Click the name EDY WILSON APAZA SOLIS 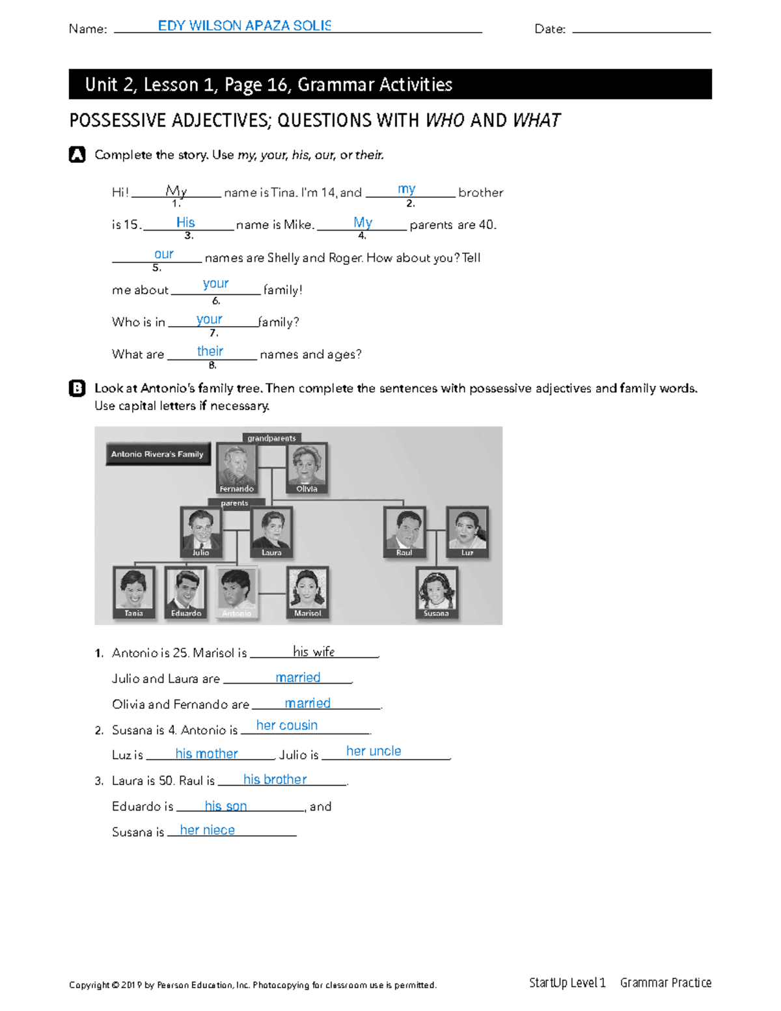245,26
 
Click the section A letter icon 77,155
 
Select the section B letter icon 77,389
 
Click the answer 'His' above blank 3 185,223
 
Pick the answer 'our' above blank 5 164,254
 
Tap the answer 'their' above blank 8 210,351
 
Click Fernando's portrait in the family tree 236,465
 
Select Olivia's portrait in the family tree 307,465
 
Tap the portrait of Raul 404,530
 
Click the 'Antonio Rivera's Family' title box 158,454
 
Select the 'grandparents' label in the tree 271,438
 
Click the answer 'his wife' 314,652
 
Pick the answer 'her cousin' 287,725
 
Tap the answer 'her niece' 207,830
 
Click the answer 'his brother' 275,779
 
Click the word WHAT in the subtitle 536,120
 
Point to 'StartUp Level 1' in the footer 567,983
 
